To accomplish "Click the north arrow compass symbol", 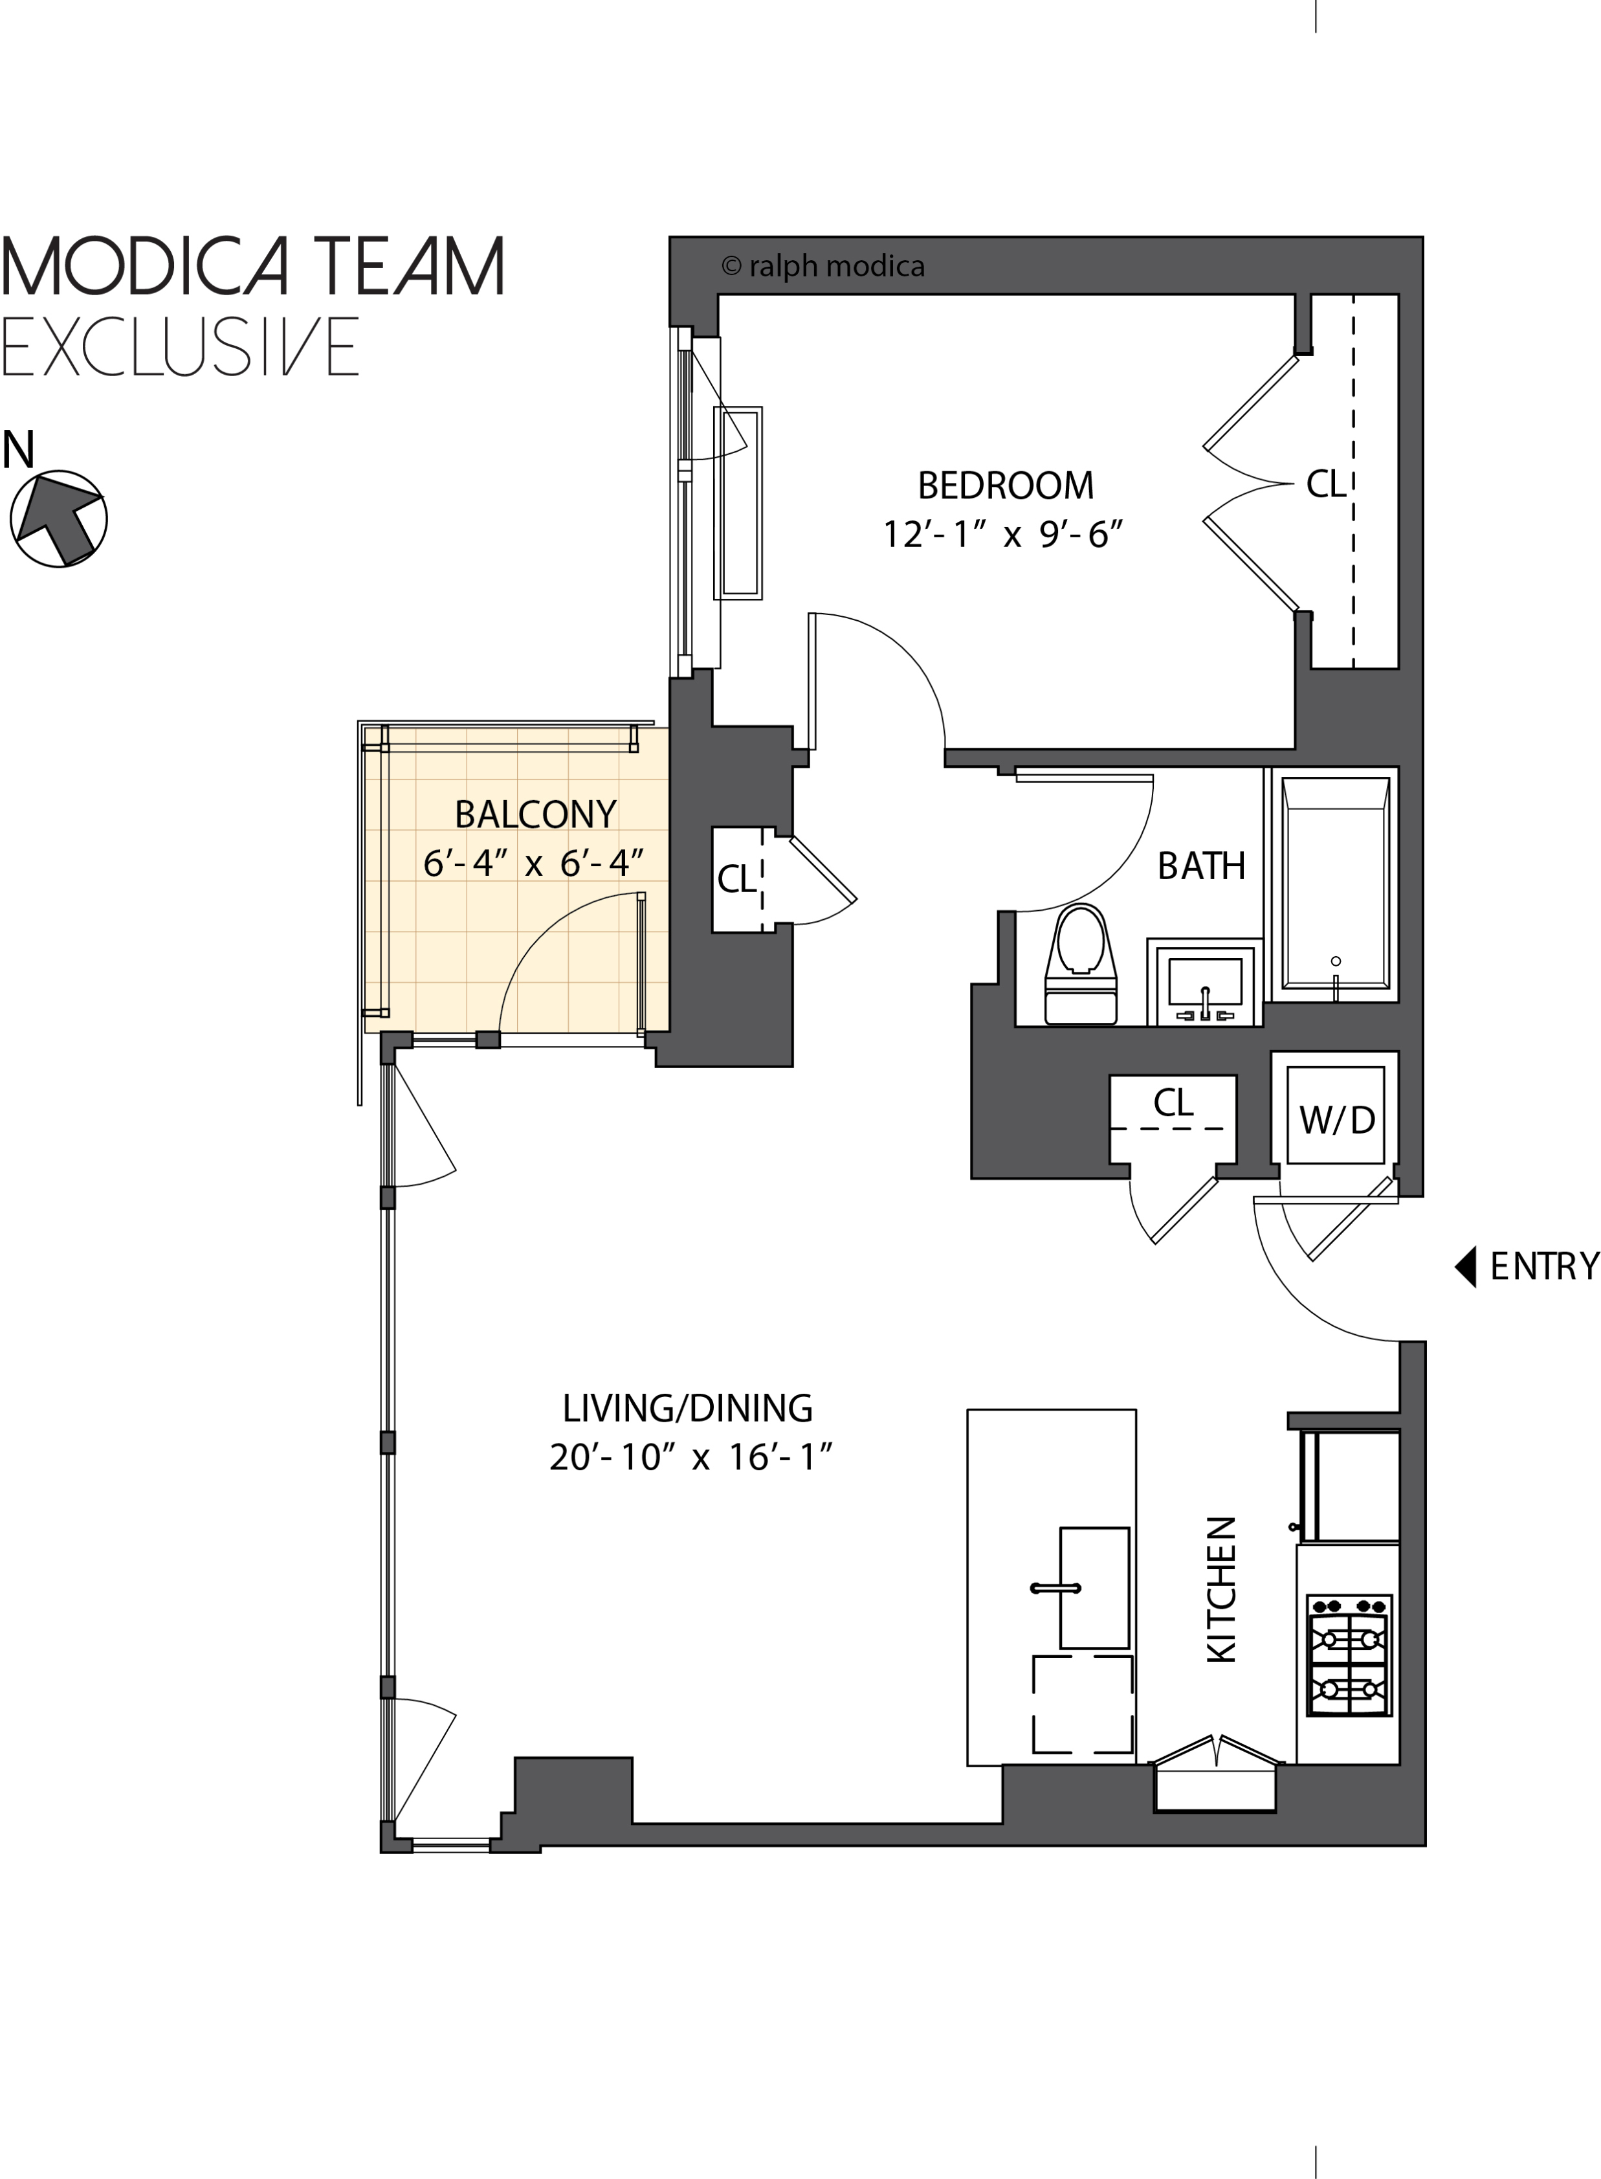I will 58,519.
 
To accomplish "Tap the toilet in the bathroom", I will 1081,965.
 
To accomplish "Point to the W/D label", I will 1336,1121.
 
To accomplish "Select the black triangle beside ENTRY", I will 1465,1266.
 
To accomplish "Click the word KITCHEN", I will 1221,1590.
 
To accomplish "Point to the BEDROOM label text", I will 1005,485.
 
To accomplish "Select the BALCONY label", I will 535,814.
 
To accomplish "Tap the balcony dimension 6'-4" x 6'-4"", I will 533,863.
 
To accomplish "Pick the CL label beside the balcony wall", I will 736,879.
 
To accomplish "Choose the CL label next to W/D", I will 1173,1102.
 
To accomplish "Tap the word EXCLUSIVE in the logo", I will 181,346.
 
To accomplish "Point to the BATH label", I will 1201,866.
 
